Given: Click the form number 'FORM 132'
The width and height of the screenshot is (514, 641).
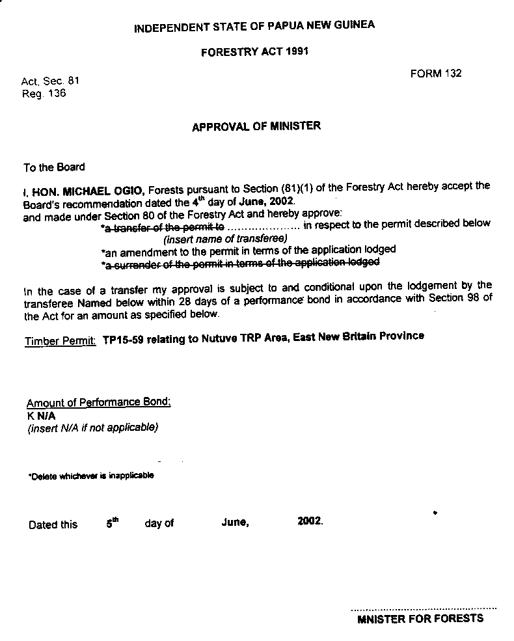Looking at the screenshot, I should coord(435,74).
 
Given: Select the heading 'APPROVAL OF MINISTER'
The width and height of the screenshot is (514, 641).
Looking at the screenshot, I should coord(256,127).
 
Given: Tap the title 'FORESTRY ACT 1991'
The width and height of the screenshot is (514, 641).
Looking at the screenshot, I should coord(254,52).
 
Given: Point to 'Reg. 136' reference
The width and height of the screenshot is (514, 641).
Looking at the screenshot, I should coord(44,93).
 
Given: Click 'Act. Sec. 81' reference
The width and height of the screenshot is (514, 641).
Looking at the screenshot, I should coord(50,81).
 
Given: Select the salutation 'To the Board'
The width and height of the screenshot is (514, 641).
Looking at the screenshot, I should coord(54,167).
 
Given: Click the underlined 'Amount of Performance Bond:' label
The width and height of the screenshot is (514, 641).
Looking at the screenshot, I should coord(98,403).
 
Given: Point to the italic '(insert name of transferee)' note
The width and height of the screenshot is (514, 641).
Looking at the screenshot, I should coord(225,238).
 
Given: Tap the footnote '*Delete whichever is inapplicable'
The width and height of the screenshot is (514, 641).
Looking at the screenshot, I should coord(91,476).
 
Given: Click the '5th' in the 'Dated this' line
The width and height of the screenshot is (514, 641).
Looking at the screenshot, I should coord(113,523).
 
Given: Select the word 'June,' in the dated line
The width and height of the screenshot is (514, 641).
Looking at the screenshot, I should coord(235,523).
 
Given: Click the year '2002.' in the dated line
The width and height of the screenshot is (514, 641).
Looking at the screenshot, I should coord(310,522).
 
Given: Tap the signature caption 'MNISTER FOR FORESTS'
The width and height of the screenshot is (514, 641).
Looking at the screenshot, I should coord(420,619).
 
